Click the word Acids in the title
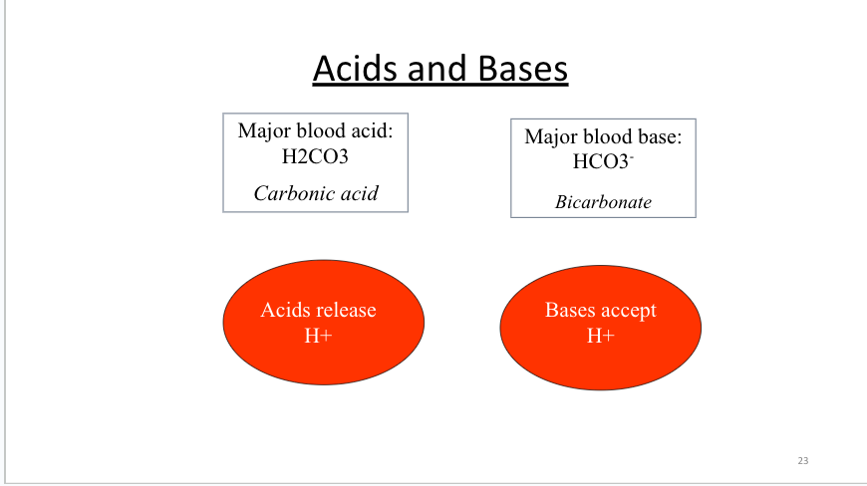click(x=355, y=69)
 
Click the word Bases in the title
click(x=522, y=69)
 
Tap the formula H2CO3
click(x=315, y=156)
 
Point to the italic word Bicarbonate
click(x=603, y=202)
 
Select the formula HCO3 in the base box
click(x=603, y=161)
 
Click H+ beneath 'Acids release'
click(x=318, y=336)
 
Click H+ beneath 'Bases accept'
click(x=601, y=336)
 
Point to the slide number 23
click(x=803, y=460)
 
